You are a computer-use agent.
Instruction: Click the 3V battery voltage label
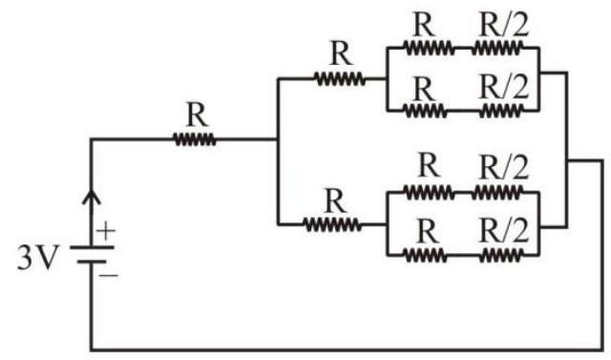(38, 258)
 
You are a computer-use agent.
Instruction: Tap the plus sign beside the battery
(106, 231)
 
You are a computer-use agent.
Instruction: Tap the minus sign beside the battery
(108, 275)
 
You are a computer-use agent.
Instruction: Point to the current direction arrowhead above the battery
(92, 197)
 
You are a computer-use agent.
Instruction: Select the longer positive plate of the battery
(92, 247)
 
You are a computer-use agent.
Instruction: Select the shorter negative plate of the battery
(92, 262)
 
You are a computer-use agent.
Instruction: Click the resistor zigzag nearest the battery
(195, 139)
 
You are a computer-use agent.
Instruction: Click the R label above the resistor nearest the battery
(198, 115)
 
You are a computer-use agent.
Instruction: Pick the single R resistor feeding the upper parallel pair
(340, 79)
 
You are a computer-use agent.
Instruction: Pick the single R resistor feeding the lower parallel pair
(332, 224)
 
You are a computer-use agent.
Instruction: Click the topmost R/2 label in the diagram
(504, 25)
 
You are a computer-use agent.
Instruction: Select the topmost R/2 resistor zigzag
(496, 49)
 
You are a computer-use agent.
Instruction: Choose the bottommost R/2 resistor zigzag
(500, 256)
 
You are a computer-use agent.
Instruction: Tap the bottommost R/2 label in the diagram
(504, 231)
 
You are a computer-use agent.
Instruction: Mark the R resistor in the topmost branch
(429, 49)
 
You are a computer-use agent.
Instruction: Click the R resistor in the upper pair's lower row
(425, 111)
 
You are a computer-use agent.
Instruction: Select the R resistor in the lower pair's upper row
(429, 193)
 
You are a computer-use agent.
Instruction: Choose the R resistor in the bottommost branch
(425, 256)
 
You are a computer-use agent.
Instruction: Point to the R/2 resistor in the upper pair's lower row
(500, 111)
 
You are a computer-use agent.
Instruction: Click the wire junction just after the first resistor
(278, 139)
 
